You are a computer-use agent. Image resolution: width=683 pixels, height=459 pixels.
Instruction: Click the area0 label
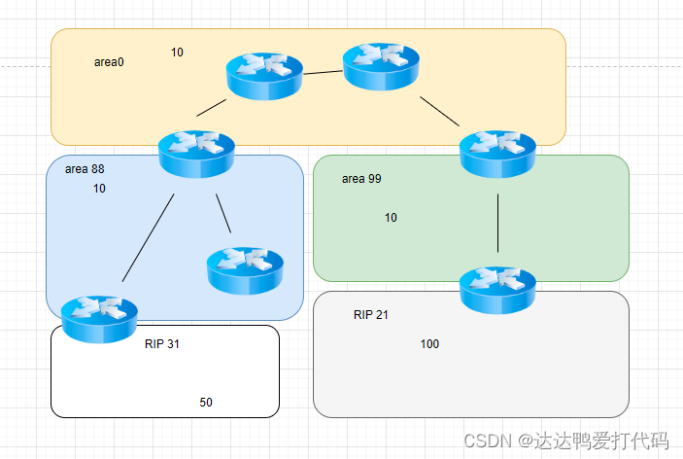click(x=109, y=62)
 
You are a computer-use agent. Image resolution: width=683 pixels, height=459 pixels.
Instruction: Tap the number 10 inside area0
click(x=177, y=52)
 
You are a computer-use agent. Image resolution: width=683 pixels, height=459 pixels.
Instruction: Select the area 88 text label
click(x=85, y=169)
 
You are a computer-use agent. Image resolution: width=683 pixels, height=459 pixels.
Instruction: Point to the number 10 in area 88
click(x=99, y=189)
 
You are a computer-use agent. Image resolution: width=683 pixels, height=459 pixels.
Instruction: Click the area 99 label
click(x=361, y=179)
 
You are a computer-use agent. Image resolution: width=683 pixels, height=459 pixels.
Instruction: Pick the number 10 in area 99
click(x=391, y=218)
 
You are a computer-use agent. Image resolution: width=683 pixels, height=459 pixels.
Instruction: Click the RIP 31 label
click(x=162, y=344)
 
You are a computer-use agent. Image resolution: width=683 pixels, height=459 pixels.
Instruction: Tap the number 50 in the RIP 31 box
click(x=206, y=403)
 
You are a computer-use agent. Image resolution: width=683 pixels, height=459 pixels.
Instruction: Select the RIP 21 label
click(x=371, y=315)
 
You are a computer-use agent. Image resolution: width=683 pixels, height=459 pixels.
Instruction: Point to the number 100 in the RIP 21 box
click(x=429, y=344)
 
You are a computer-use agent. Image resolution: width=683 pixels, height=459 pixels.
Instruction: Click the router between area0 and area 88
click(x=196, y=153)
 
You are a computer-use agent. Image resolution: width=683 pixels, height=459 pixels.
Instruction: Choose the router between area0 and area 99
click(x=497, y=153)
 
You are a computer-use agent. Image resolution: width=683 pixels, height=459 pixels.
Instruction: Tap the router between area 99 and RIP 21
click(x=497, y=288)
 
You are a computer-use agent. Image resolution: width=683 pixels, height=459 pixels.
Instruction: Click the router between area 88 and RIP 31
click(x=99, y=318)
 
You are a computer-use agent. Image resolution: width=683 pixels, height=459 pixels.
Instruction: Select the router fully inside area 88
click(x=245, y=269)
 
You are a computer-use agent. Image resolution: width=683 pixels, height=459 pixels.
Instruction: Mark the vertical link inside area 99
click(x=498, y=223)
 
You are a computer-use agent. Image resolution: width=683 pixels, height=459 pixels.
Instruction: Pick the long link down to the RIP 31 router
click(x=149, y=238)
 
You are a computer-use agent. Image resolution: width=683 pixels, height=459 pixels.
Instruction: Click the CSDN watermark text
click(x=565, y=441)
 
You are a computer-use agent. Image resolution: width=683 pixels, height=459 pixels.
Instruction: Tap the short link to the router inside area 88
click(x=223, y=213)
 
